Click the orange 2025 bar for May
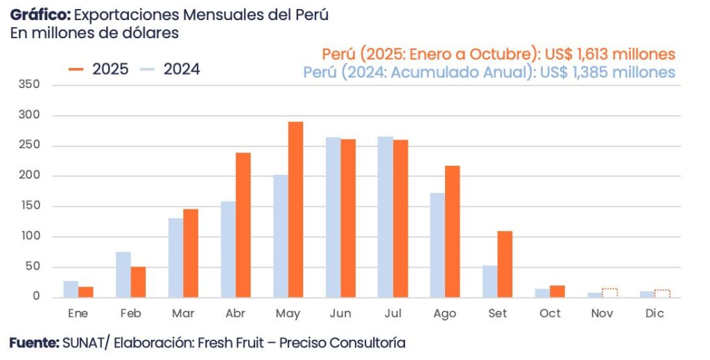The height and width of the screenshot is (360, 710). (295, 209)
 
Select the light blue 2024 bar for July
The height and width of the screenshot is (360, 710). (385, 217)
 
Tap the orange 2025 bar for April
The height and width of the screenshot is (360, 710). (243, 225)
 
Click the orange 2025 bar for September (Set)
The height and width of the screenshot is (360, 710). (505, 264)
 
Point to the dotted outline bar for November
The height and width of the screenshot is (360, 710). (609, 293)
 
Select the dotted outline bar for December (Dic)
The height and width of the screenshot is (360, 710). (662, 293)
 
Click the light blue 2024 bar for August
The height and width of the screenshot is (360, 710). (438, 245)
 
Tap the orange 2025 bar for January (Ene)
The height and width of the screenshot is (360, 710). (86, 292)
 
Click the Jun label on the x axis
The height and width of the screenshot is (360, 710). (340, 314)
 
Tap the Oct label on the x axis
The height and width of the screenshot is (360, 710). (550, 314)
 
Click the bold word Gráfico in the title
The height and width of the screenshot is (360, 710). (40, 15)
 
